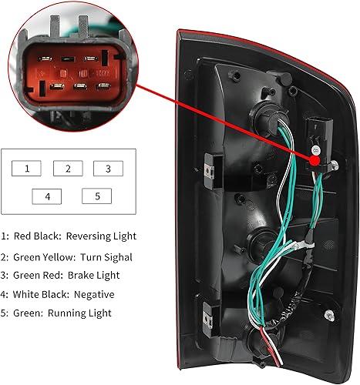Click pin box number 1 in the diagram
pyautogui.click(x=28, y=168)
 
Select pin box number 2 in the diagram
pyautogui.click(x=68, y=168)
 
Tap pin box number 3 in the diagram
pyautogui.click(x=108, y=168)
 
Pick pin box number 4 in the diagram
pyautogui.click(x=48, y=196)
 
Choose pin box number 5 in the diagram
pyautogui.click(x=96, y=196)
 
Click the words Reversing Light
pyautogui.click(x=101, y=236)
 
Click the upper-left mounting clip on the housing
pyautogui.click(x=209, y=161)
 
